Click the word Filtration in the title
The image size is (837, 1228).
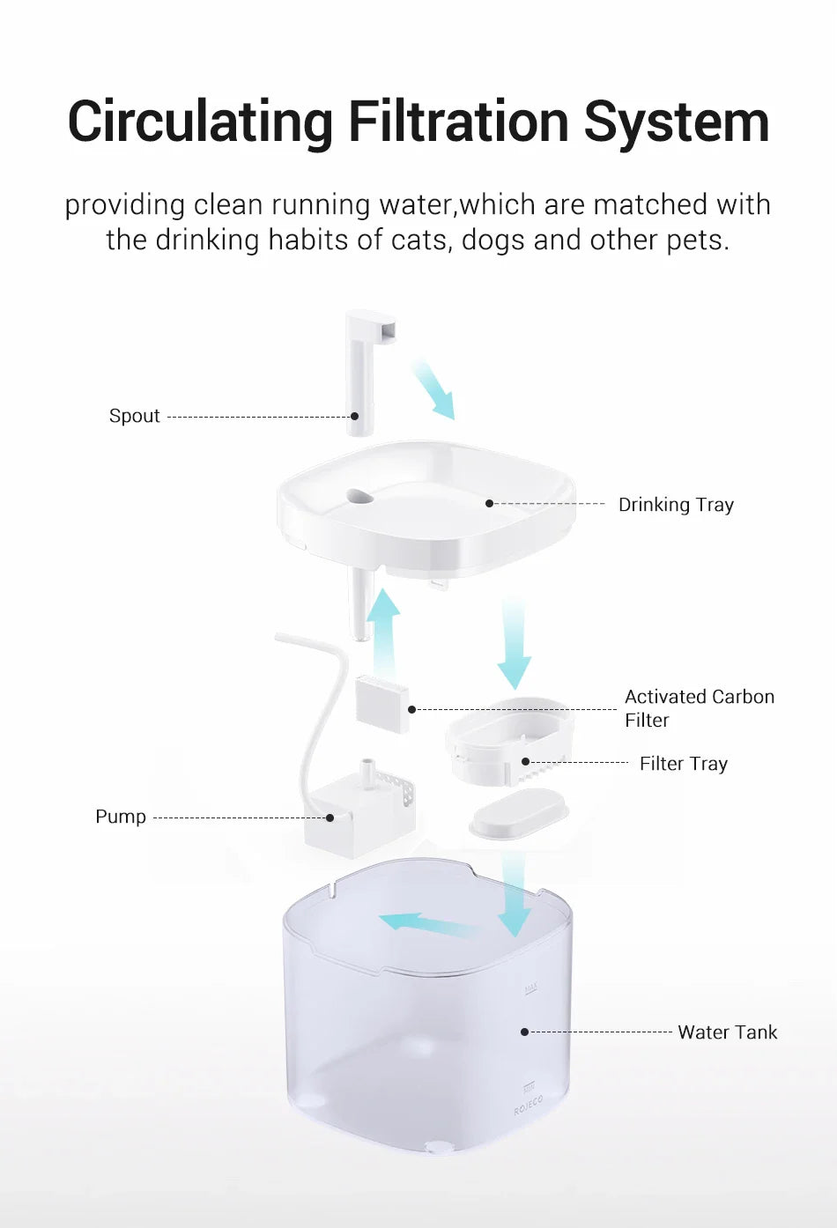pos(459,122)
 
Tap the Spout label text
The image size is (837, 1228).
pos(135,416)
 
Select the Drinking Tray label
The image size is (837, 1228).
pos(676,505)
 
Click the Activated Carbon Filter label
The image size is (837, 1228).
pos(699,708)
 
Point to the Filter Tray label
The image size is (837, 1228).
pos(683,764)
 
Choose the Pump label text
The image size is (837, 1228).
pos(121,817)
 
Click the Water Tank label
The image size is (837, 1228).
pos(727,1032)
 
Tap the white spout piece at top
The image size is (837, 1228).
pos(362,370)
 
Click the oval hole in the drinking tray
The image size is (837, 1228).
pos(359,497)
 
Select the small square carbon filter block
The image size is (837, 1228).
pos(382,703)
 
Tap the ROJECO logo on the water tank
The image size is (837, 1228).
pos(529,1106)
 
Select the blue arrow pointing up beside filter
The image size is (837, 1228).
pos(383,630)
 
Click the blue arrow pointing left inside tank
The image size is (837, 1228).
pos(423,924)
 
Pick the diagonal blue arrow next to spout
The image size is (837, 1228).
pos(433,388)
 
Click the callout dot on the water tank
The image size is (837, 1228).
pos(524,1032)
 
